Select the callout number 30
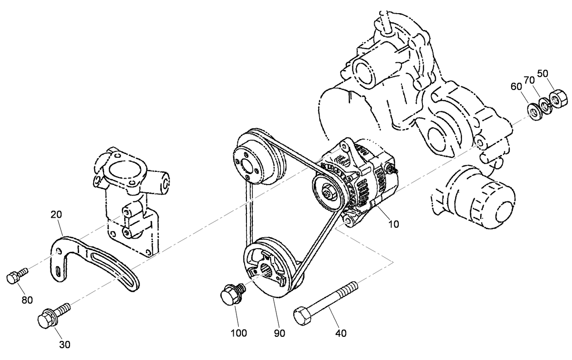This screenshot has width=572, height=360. pyautogui.click(x=65, y=345)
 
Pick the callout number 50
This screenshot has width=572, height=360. pyautogui.click(x=543, y=74)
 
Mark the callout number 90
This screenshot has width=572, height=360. pyautogui.click(x=279, y=333)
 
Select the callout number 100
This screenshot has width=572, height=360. pyautogui.click(x=239, y=333)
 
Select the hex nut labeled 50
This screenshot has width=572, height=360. pyautogui.click(x=557, y=97)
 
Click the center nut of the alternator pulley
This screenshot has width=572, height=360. pyautogui.click(x=328, y=193)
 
